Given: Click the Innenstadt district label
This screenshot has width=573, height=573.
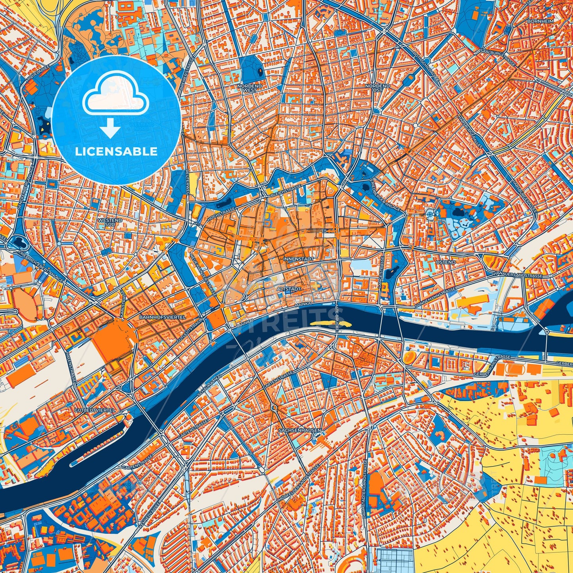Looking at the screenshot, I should click(x=299, y=259).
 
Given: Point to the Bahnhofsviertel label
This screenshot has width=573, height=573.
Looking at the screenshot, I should click(x=157, y=318).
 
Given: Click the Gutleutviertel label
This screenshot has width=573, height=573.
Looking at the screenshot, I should click(x=95, y=410).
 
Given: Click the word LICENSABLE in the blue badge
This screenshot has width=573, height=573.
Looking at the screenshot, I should click(x=116, y=151).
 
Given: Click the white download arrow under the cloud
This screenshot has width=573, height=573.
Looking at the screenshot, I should click(x=111, y=129).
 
